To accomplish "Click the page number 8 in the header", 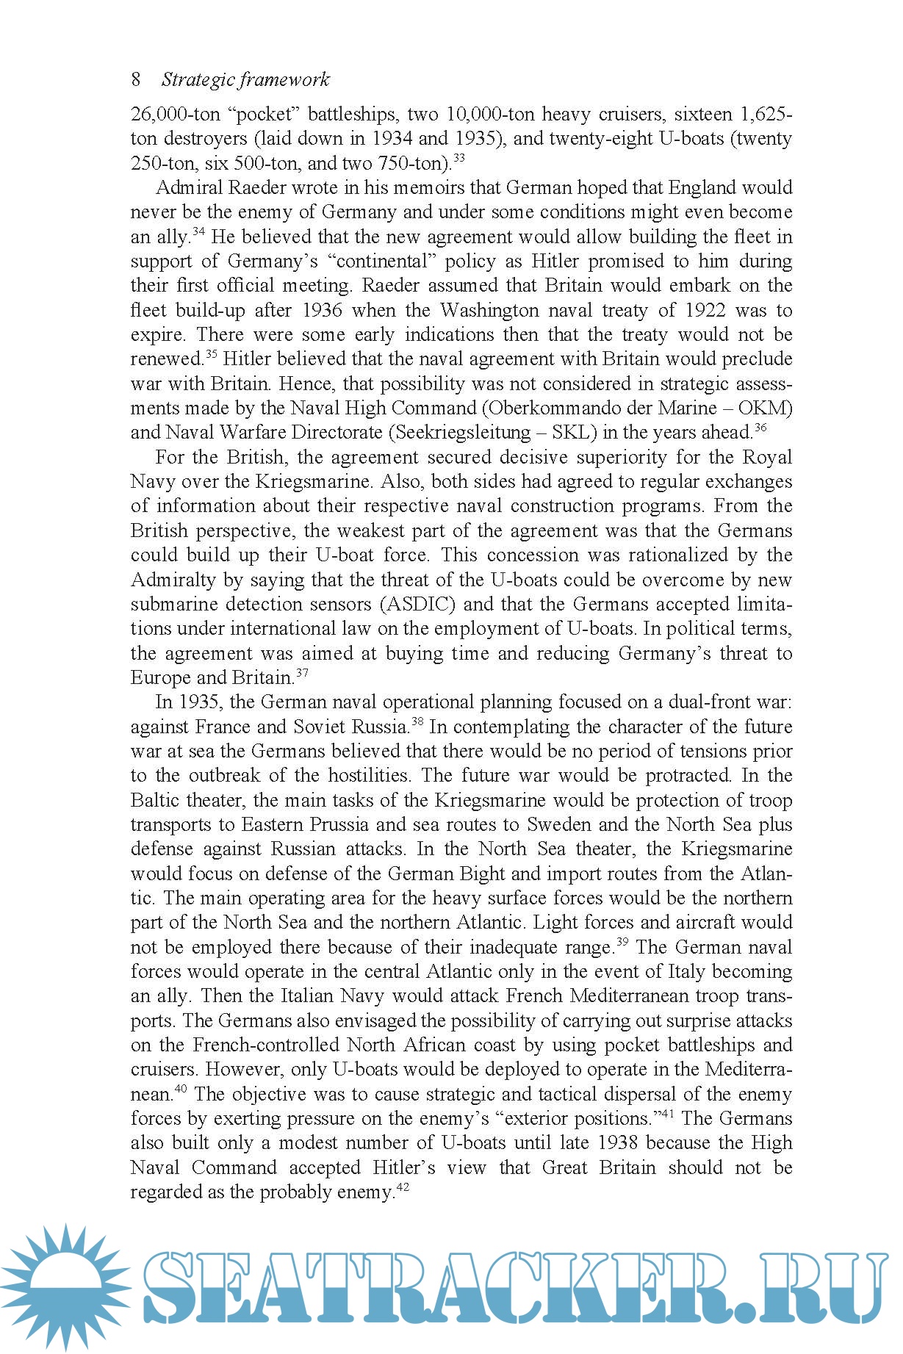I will pyautogui.click(x=136, y=79).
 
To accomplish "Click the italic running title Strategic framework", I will pyautogui.click(x=245, y=79).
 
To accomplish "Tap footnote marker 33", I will pyautogui.click(x=458, y=158).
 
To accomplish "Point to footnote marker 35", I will pyautogui.click(x=211, y=354).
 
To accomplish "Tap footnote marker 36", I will pyautogui.click(x=760, y=428).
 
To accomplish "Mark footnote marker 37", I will pyautogui.click(x=302, y=672).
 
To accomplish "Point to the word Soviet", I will pyautogui.click(x=320, y=727).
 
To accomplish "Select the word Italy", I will pyautogui.click(x=686, y=971).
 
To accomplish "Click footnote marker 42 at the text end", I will pyautogui.click(x=403, y=1186).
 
